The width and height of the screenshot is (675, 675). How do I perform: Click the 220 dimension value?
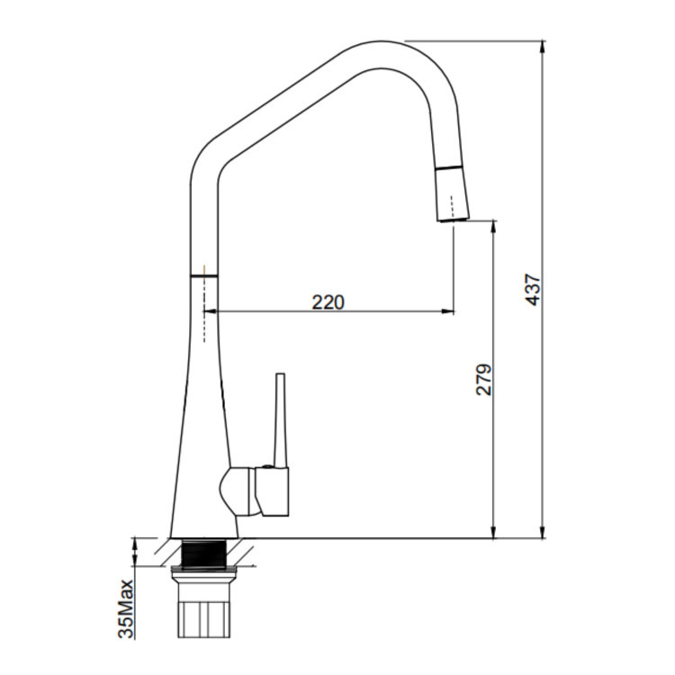click(328, 301)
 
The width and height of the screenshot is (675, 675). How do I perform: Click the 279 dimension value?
click(483, 379)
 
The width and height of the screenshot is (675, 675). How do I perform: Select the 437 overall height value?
click(533, 289)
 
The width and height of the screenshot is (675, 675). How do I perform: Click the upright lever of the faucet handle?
click(280, 421)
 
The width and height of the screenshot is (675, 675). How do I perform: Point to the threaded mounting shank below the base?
click(204, 553)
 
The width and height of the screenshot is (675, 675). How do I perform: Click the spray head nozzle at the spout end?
click(452, 193)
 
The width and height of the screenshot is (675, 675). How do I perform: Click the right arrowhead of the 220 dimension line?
click(448, 310)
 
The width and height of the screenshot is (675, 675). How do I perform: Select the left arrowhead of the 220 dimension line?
click(209, 310)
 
